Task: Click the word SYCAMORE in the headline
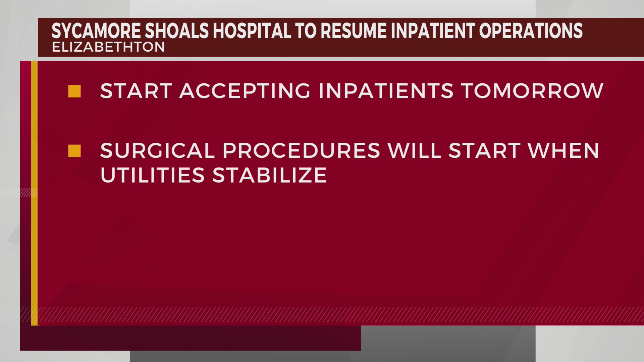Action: [96, 31]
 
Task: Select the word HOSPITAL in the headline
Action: [252, 31]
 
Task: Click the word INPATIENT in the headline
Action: [433, 31]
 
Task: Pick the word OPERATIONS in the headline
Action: [531, 31]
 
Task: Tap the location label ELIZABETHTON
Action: [108, 47]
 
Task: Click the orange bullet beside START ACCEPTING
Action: [74, 91]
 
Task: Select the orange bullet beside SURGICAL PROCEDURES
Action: [74, 151]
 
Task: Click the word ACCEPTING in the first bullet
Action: [245, 91]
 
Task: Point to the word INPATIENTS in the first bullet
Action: [386, 91]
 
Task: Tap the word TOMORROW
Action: [532, 91]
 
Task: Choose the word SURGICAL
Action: [157, 150]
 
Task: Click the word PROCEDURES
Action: [301, 150]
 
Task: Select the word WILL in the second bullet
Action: [415, 150]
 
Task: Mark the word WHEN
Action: [563, 150]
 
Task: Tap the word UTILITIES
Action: [153, 175]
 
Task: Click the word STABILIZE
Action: [270, 175]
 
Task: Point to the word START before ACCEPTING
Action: [136, 91]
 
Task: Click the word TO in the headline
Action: [306, 31]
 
